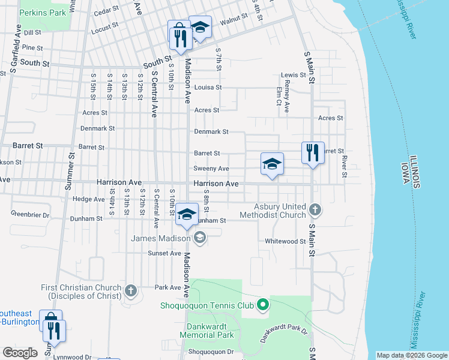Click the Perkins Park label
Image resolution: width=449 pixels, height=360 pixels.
44,12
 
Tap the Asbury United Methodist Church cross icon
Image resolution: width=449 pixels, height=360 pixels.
315,210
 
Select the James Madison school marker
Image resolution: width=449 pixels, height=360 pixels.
200,239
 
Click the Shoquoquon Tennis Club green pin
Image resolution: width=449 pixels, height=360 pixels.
262,305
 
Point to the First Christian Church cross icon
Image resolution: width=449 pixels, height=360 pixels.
131,292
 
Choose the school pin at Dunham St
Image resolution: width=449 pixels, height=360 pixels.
187,214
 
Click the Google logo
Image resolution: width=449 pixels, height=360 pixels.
20,353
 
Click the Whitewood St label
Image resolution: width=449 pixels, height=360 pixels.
286,241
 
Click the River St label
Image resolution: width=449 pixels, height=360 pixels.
345,167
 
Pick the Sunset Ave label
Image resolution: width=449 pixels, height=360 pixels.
164,253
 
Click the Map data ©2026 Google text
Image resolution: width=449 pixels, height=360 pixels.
411,355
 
